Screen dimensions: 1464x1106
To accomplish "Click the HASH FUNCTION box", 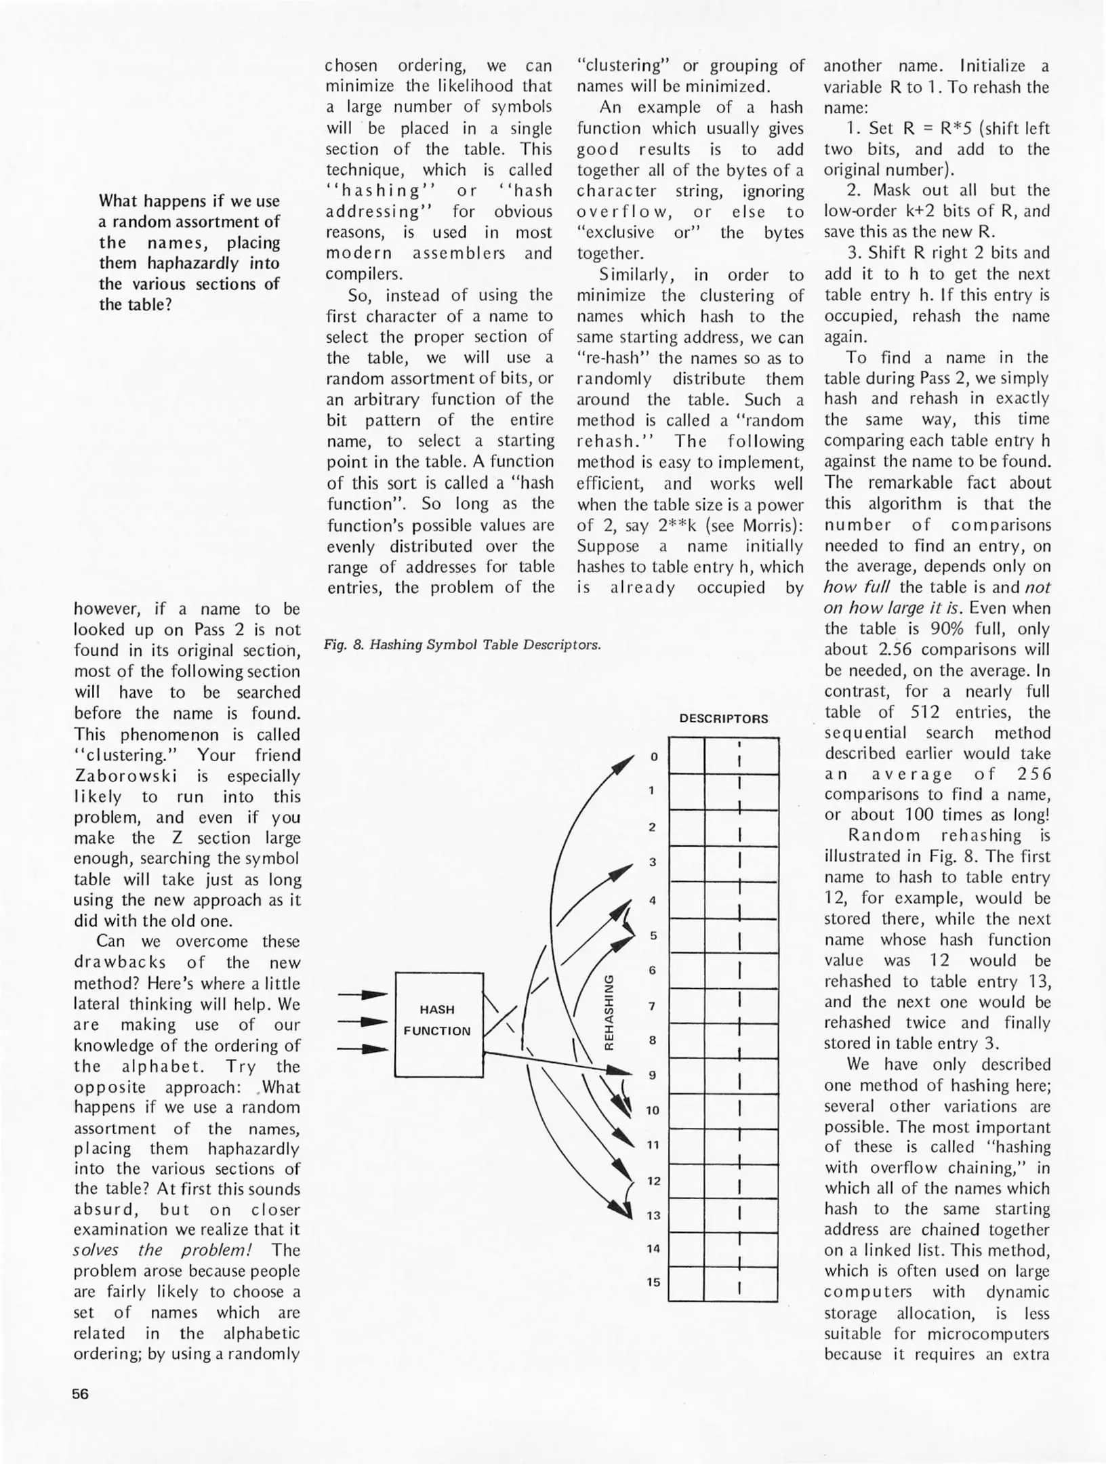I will (438, 1024).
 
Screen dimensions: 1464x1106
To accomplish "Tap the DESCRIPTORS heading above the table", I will (723, 719).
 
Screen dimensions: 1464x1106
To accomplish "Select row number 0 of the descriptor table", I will (653, 756).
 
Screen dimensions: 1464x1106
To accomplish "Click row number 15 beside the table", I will (653, 1282).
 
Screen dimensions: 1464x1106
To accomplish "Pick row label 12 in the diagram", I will (653, 1181).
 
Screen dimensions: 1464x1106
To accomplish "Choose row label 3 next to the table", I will (653, 862).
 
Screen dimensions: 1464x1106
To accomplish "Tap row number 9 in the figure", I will (653, 1075).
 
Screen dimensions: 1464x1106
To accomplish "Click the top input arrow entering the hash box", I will (362, 995).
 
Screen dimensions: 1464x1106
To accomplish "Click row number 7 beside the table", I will (653, 1006).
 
